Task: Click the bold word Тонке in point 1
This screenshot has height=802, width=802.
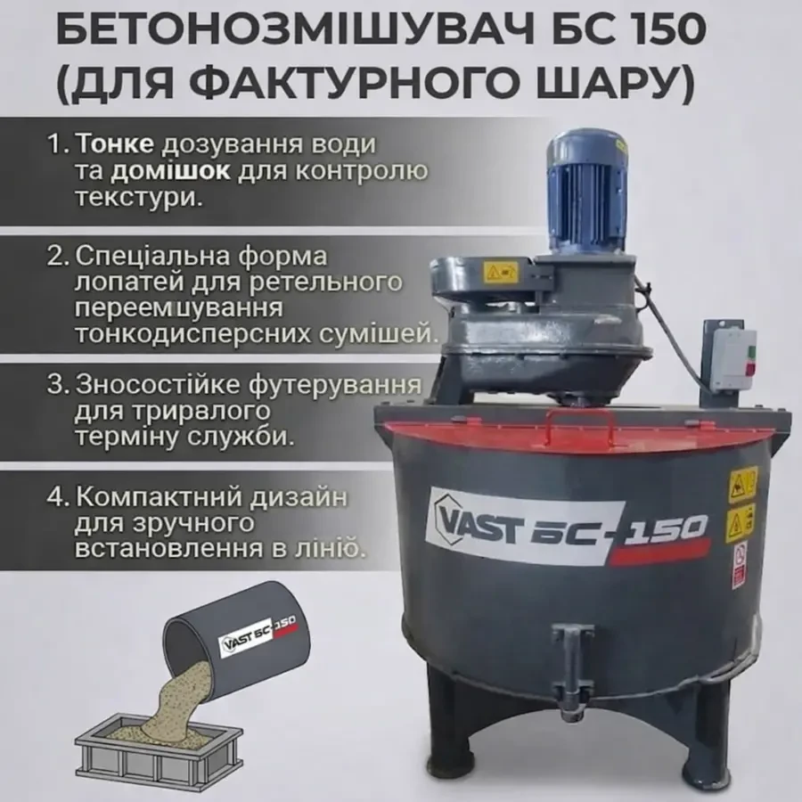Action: click(114, 143)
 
